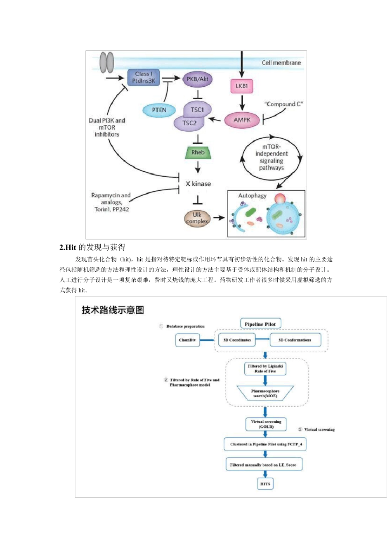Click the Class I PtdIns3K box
143,77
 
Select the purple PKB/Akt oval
197,79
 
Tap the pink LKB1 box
241,86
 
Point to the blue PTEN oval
159,110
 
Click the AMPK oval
242,120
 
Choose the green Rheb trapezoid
198,152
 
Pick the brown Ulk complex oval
197,218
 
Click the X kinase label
198,184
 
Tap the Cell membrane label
281,63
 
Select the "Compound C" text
283,104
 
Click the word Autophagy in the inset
252,196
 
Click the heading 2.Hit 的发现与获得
92,247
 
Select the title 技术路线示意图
113,310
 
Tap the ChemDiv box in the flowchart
187,340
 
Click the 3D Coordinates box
237,340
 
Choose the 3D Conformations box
295,340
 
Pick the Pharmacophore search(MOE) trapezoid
265,393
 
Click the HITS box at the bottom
265,484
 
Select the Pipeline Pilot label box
260,324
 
